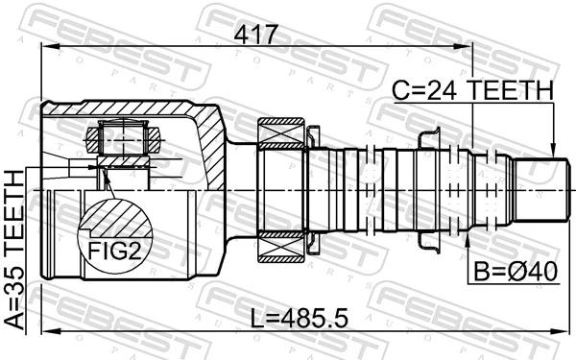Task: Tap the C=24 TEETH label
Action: tap(472, 90)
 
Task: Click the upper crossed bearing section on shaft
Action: tap(282, 129)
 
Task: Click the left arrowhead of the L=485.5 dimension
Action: tap(45, 331)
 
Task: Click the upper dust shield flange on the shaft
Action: tap(429, 139)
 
